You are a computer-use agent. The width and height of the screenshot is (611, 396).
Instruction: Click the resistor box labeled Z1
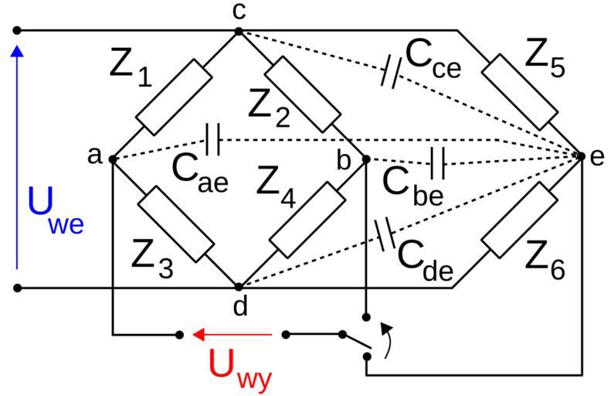pos(174,98)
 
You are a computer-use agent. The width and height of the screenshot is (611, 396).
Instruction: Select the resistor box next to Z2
pos(302,94)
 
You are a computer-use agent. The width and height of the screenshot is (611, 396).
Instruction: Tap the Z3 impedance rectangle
pos(175,223)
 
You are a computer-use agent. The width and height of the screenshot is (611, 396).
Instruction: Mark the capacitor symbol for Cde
pos(383,234)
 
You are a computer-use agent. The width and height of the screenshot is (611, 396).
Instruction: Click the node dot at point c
pos(239,32)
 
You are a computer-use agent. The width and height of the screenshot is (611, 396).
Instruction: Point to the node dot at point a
pos(113,159)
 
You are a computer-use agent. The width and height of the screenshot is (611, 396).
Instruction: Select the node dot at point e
pos(581,156)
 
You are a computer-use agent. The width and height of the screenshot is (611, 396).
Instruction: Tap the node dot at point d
pos(239,287)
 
